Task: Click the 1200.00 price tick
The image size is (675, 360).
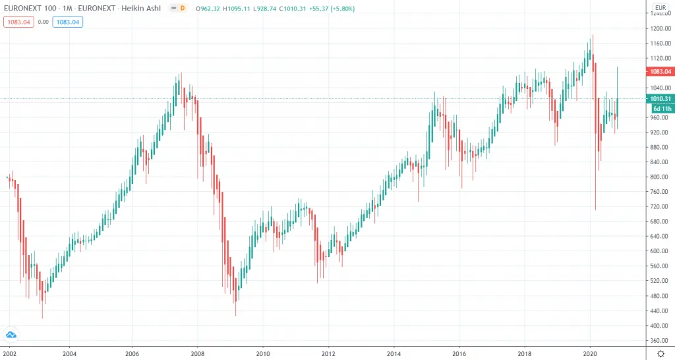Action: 659,28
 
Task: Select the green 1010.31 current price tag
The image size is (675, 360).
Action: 659,99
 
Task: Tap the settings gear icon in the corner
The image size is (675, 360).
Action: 660,353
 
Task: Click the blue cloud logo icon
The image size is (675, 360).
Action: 11,334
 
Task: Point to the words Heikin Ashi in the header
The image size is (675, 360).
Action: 151,8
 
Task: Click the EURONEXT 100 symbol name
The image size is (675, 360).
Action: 30,8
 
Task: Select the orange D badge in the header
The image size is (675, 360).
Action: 182,8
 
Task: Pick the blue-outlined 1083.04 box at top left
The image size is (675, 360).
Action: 68,21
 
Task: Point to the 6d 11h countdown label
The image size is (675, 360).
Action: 662,108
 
